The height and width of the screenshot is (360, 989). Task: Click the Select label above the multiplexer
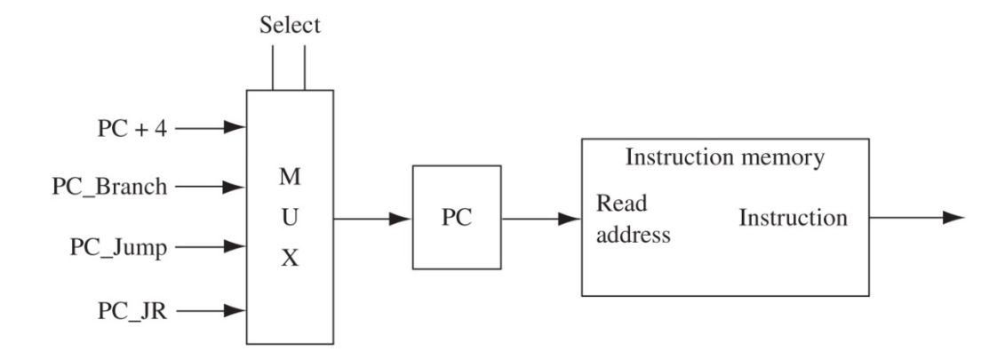click(x=289, y=26)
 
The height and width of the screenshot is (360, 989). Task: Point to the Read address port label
click(x=633, y=220)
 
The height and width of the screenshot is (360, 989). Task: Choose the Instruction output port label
click(x=793, y=219)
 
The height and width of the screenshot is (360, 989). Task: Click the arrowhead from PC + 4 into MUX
click(x=235, y=128)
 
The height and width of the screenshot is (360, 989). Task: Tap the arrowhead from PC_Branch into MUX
click(x=235, y=188)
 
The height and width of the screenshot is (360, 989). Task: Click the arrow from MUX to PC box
click(x=373, y=219)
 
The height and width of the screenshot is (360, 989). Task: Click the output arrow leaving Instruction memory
click(x=915, y=219)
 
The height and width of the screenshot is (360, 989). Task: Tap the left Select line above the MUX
click(x=274, y=68)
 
